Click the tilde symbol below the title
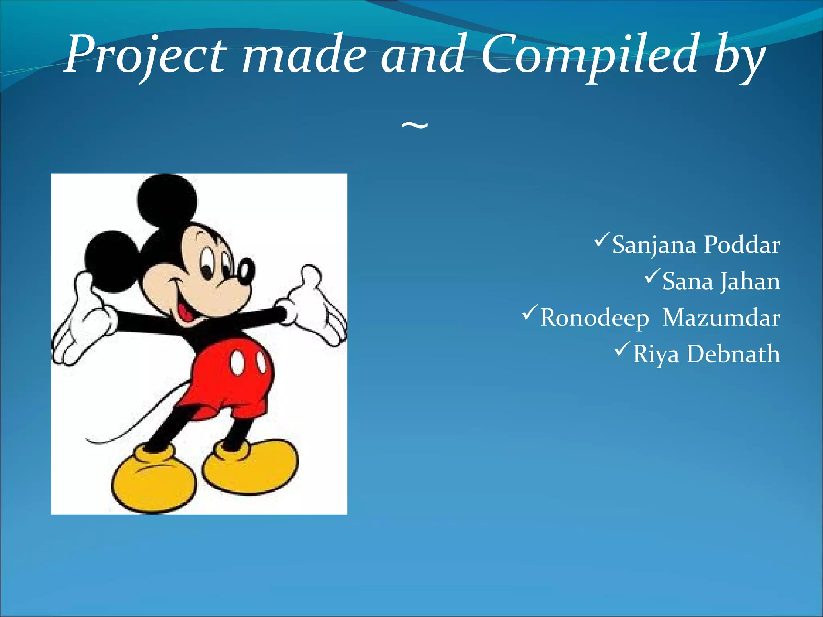pos(415,127)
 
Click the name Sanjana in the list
pos(654,245)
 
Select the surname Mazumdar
pos(721,318)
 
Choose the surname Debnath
pos(733,354)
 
